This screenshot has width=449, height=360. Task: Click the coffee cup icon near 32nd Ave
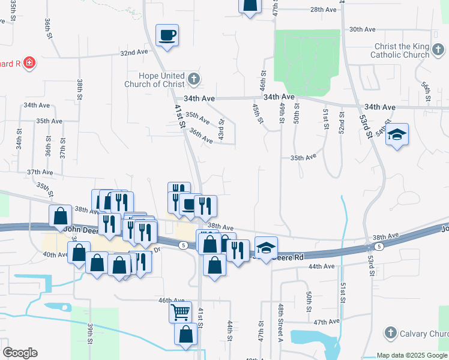(x=167, y=34)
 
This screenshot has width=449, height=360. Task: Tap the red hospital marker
(x=29, y=62)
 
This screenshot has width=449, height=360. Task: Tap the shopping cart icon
(x=180, y=312)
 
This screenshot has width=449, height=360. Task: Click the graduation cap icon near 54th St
(x=397, y=134)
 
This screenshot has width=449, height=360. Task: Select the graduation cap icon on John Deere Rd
(x=267, y=247)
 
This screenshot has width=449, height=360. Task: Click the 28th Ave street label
(x=324, y=10)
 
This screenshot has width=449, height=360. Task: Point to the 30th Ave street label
(x=362, y=29)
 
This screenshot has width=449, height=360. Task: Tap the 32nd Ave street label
(x=134, y=53)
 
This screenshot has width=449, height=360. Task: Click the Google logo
(x=20, y=353)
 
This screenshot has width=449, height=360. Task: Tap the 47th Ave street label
(x=327, y=322)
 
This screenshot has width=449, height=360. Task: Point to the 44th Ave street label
(x=322, y=265)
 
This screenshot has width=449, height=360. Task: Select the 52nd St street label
(x=342, y=123)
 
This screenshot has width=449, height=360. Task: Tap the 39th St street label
(x=90, y=334)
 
